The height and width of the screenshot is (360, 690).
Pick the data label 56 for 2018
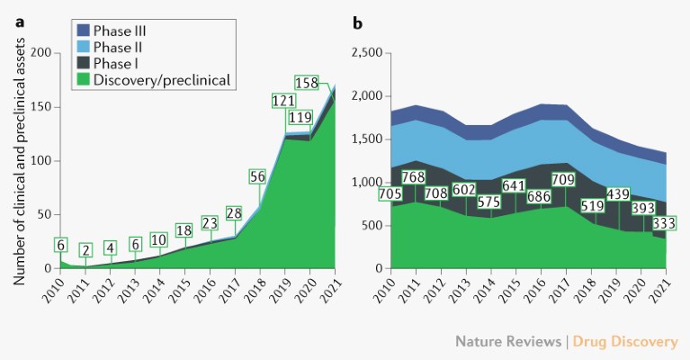coord(257,176)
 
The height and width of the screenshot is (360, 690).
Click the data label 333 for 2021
coord(663,223)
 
